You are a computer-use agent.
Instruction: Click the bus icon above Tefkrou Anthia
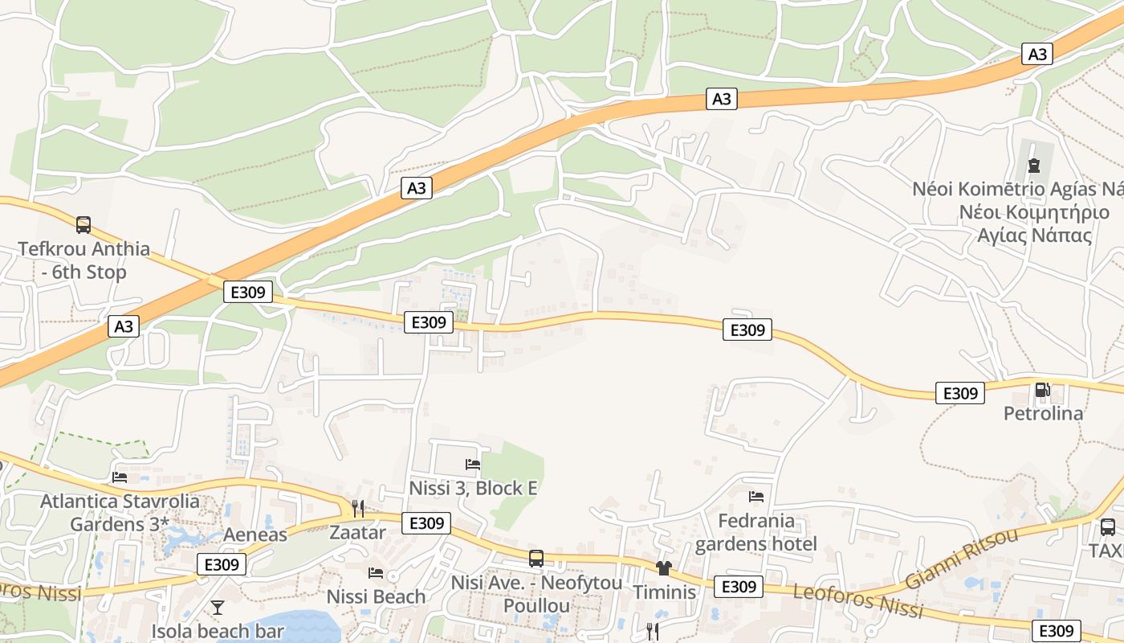(83, 224)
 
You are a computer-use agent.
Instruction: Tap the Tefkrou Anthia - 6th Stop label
(83, 260)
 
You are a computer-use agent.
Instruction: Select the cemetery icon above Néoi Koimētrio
(1033, 165)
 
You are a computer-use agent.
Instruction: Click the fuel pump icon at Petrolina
(1042, 391)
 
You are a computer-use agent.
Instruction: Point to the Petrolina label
(1043, 413)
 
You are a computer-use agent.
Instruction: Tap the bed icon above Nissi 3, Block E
(473, 464)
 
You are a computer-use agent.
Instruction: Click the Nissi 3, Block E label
(473, 488)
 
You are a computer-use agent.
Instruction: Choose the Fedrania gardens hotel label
(755, 532)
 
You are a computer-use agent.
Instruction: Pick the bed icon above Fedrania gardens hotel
(755, 497)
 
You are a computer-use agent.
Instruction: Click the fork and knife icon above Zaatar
(358, 508)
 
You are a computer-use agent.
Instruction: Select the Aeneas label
(255, 534)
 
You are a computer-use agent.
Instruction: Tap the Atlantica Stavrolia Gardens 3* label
(120, 513)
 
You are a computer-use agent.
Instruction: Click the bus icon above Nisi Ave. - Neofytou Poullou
(536, 558)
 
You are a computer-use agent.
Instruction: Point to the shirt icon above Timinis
(663, 568)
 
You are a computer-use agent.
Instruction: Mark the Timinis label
(664, 592)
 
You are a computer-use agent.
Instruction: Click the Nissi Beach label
(376, 596)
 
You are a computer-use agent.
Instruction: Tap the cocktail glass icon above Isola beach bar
(217, 607)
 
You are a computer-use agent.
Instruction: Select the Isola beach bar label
(218, 631)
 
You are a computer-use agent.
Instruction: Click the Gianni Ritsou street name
(962, 558)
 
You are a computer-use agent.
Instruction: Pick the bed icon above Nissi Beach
(375, 573)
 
